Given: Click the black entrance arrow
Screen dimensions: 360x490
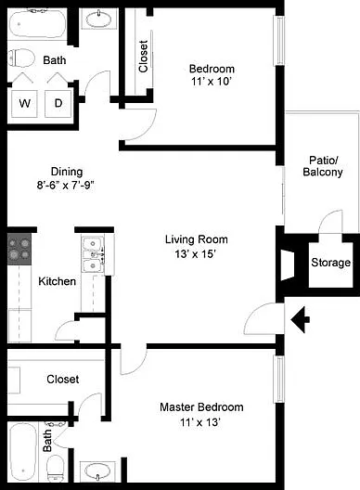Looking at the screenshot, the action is tap(301, 319).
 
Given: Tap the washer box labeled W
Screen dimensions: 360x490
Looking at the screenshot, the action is tap(25, 103).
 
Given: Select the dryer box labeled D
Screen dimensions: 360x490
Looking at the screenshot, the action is tap(58, 103).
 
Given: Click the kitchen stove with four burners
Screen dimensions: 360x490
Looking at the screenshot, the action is tap(19, 249).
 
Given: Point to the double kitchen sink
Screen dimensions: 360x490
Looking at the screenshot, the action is tap(93, 254).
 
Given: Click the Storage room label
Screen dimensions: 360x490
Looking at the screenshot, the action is tap(330, 263).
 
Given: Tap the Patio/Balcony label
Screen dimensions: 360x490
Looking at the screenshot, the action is tap(323, 166).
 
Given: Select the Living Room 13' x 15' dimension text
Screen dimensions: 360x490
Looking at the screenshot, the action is tap(197, 253).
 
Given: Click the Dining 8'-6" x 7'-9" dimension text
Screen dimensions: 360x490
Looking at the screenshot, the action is tap(66, 186).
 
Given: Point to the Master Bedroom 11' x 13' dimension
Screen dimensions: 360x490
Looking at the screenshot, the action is tap(200, 422).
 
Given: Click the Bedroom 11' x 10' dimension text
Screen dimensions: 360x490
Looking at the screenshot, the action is tap(212, 82).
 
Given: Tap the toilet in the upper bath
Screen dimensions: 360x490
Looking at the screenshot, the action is tap(21, 58).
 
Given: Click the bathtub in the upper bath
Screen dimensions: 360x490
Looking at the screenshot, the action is tap(38, 24).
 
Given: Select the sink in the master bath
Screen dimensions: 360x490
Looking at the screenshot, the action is tap(97, 471).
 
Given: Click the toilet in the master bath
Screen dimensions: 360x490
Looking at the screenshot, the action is tap(56, 469).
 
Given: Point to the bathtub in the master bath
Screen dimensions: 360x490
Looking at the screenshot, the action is tap(23, 452).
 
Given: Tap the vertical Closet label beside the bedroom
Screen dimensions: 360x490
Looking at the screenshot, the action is tap(143, 57).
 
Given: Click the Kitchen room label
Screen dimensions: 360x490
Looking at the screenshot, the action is tap(58, 281).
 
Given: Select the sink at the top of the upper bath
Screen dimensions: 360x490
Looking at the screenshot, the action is tap(98, 19).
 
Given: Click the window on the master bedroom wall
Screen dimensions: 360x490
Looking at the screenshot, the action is tap(279, 379).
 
